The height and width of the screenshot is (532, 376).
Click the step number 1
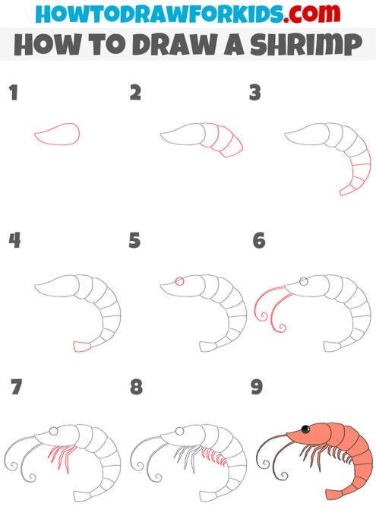[12, 94]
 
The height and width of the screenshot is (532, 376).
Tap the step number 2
[136, 94]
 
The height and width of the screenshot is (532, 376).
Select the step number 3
[255, 94]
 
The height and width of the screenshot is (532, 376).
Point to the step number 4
[14, 241]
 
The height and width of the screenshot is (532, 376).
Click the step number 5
[135, 241]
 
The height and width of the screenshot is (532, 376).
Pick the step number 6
[258, 241]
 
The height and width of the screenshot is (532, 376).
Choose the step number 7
[15, 388]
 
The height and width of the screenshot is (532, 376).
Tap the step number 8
[136, 388]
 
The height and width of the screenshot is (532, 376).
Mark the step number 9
[257, 388]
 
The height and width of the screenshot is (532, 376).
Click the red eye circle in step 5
[179, 281]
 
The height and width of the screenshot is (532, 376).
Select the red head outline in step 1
[58, 135]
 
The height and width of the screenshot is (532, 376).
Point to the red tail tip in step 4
[82, 347]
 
